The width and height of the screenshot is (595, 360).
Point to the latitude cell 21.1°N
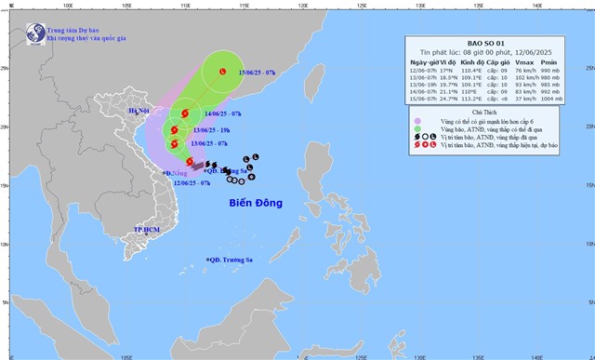(454, 90)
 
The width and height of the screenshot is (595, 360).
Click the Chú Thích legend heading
(481, 111)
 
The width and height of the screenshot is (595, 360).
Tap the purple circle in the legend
(416, 122)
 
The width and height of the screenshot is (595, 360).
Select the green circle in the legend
(416, 130)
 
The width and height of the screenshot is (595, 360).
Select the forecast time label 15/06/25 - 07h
(257, 73)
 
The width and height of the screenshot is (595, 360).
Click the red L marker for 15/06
(222, 72)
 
